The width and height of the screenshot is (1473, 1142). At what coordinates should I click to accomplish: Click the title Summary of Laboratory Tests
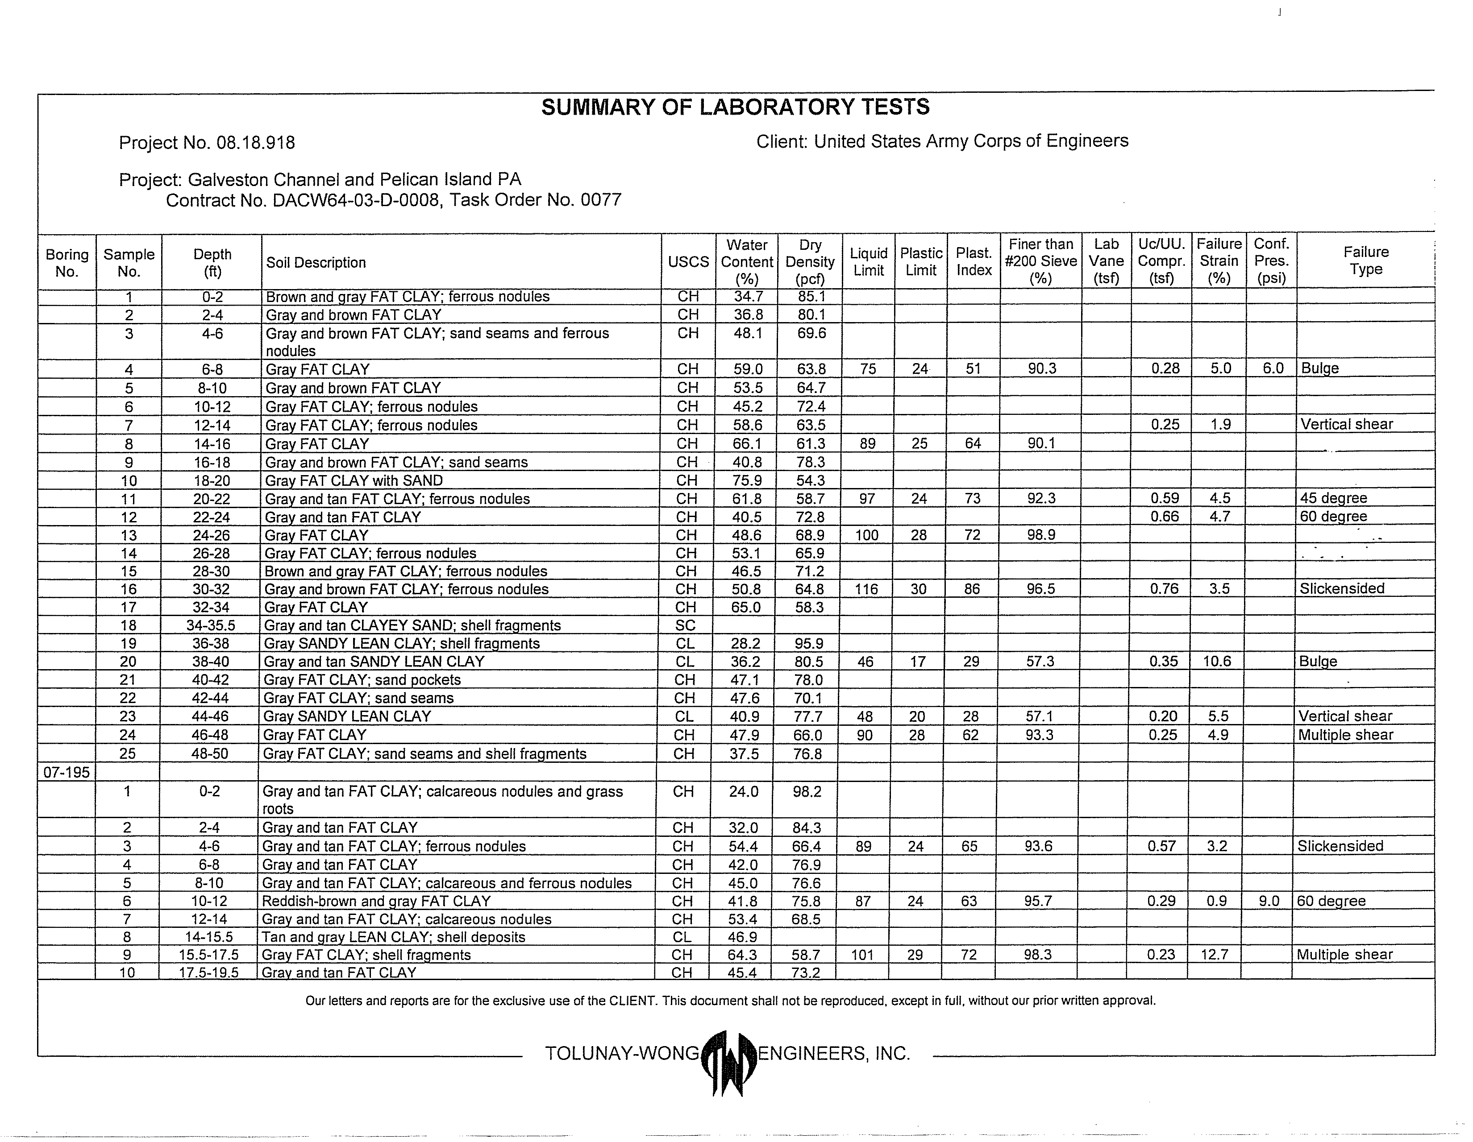(x=735, y=107)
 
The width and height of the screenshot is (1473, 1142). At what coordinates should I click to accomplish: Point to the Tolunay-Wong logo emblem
(x=728, y=1063)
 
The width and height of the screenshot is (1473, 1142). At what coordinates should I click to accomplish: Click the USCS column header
(x=688, y=262)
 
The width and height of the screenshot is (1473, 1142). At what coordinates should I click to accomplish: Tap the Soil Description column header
(x=316, y=263)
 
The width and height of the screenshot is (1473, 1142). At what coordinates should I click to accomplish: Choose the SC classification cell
(x=685, y=625)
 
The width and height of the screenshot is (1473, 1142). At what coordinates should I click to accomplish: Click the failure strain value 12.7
(x=1214, y=955)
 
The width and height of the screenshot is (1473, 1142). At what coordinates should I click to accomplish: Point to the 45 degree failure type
(x=1333, y=498)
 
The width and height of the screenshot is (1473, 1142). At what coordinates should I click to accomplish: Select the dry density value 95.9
(x=809, y=644)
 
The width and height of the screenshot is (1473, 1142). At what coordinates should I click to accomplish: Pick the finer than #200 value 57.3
(x=1040, y=662)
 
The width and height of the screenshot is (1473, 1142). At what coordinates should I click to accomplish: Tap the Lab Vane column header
(x=1106, y=261)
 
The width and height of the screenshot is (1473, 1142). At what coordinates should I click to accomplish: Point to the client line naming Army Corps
(x=941, y=141)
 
